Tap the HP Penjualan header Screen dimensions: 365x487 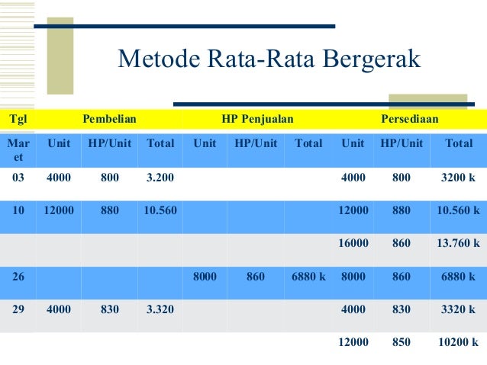click(257, 119)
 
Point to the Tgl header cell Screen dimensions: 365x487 click(15, 119)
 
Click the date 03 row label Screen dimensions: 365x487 click(18, 178)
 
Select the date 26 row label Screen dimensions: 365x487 click(18, 277)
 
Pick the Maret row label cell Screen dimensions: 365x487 click(18, 149)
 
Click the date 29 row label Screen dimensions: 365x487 click(18, 310)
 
